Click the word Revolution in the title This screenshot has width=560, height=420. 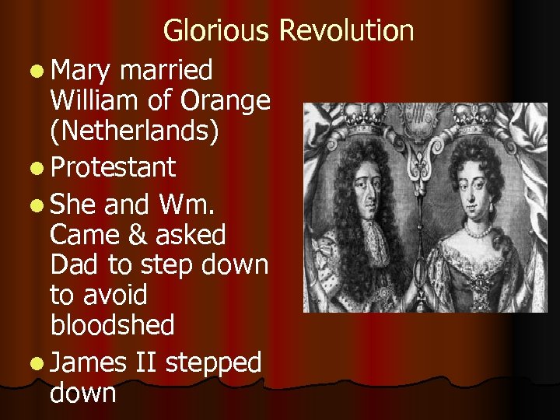(346, 31)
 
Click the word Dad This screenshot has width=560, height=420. (75, 264)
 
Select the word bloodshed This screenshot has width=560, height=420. (112, 325)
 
